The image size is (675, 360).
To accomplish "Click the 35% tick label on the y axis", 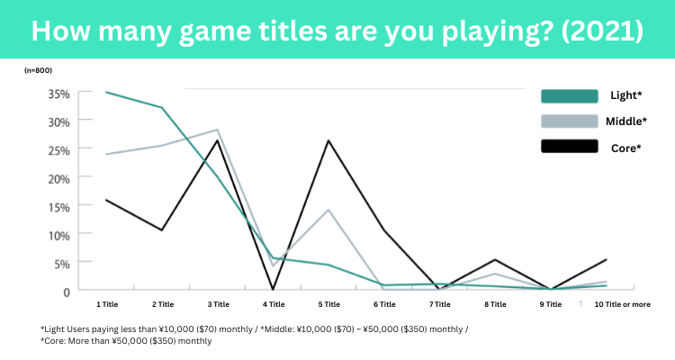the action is pos(58,94).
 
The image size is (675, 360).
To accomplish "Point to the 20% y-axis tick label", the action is pos(58,179).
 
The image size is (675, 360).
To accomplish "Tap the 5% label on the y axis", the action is pos(62,264).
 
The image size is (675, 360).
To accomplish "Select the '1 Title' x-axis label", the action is pos(107,304).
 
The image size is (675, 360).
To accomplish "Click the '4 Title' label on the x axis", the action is pos(274,304).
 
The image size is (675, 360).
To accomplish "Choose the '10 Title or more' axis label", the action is pos(623,304).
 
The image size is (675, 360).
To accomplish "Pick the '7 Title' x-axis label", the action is pos(440,304).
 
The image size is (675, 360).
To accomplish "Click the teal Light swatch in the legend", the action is pos(570,96).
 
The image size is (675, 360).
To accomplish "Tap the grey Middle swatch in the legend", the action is pos(570,121).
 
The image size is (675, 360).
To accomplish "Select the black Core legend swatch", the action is pos(570,147).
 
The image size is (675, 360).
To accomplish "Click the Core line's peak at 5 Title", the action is pos(328,140).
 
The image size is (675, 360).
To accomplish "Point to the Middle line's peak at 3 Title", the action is pos(218,130).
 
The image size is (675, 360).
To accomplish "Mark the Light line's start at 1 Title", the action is pos(106,92).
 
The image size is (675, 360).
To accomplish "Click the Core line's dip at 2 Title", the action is pos(162,230).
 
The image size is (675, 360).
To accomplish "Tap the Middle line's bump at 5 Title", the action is pos(328,210).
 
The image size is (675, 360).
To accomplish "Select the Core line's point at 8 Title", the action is pos(495,260).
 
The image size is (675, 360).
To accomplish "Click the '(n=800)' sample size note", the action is pos(38,70).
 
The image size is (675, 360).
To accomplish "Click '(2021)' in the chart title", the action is pos(602,31).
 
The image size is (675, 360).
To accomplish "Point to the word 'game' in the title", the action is pos(214,31).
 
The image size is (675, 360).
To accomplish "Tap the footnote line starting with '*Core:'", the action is pos(126,341).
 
